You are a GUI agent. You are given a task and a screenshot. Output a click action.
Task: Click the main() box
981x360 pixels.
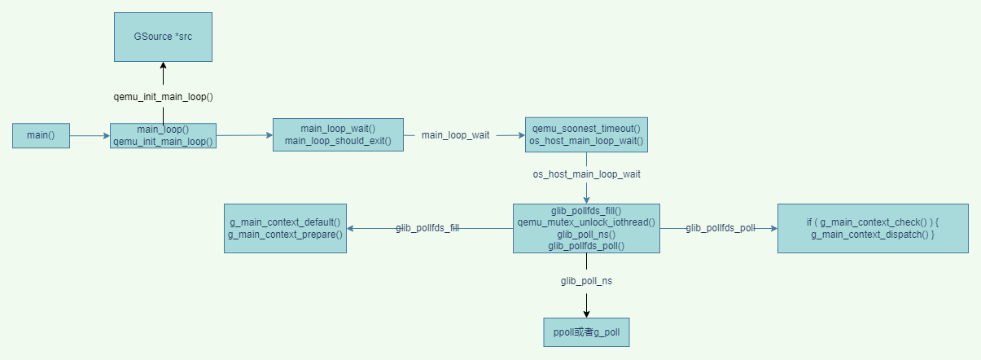click(41, 135)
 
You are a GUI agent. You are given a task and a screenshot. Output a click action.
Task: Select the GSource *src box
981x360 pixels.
click(163, 37)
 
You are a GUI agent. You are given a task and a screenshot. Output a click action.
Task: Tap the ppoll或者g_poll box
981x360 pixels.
click(586, 331)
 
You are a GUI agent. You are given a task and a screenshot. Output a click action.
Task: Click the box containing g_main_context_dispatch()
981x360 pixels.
click(873, 228)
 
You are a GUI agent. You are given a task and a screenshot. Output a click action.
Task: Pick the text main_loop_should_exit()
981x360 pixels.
click(338, 142)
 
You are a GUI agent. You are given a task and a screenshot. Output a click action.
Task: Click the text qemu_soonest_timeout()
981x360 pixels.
click(586, 129)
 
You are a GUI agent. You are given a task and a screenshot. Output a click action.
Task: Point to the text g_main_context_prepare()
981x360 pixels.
click(285, 235)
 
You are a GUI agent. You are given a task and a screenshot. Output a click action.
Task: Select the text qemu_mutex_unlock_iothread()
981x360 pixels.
click(586, 222)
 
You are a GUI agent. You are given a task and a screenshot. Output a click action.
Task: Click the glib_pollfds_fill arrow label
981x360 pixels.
click(427, 229)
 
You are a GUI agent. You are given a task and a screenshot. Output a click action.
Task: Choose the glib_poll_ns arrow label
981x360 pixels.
click(586, 280)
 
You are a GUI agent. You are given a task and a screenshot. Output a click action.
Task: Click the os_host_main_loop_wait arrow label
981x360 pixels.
click(586, 174)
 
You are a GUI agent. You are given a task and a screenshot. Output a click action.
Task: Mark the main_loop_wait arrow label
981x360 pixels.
click(455, 135)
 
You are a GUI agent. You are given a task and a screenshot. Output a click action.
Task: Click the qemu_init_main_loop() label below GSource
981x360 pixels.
click(163, 97)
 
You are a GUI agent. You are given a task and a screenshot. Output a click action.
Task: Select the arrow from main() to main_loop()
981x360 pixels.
click(90, 136)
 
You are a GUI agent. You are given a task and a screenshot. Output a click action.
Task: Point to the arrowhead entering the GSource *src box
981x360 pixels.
click(163, 66)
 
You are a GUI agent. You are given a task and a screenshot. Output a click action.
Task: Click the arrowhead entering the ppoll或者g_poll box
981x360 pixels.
click(586, 314)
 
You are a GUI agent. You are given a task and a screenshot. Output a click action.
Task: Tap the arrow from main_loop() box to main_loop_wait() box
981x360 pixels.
click(244, 135)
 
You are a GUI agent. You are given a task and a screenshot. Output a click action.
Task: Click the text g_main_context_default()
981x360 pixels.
click(285, 222)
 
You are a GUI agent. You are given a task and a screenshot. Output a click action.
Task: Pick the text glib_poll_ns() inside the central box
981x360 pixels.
click(586, 234)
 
